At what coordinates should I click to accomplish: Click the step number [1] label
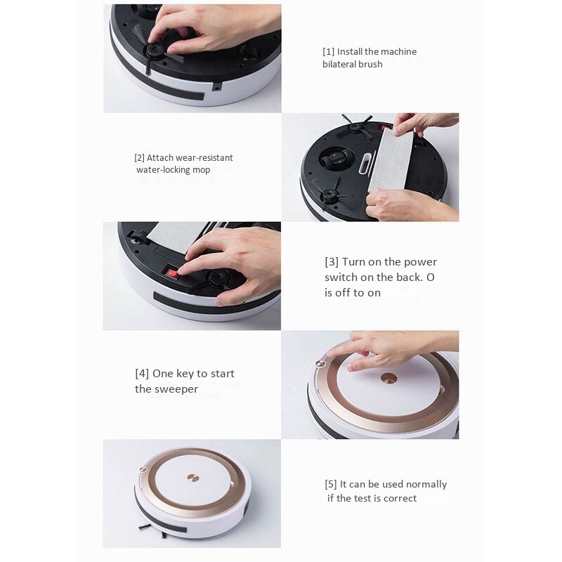click(329, 52)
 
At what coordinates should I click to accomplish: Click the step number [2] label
click(139, 158)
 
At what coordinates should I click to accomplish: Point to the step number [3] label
click(332, 262)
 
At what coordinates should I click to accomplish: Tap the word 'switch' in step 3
click(341, 277)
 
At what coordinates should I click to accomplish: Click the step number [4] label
click(142, 374)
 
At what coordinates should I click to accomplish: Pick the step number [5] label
click(331, 485)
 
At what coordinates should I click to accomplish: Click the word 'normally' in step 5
click(425, 485)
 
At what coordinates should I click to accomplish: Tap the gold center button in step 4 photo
click(388, 378)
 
